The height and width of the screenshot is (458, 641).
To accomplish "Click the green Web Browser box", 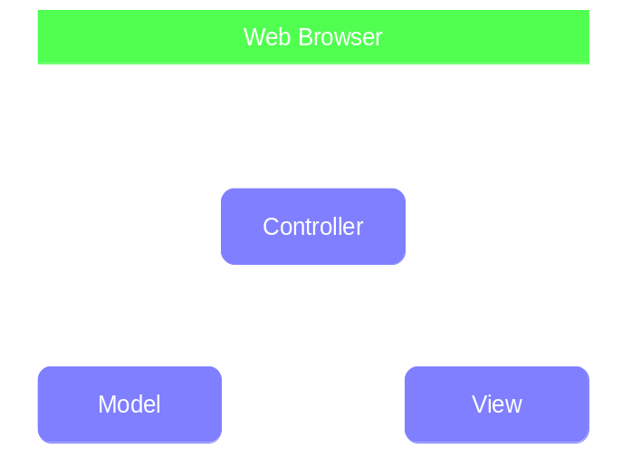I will point(312,37).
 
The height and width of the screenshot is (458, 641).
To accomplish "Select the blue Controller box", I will point(312,226).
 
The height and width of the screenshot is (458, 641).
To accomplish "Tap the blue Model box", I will point(129,404).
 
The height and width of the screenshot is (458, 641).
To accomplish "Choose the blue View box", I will point(497,404).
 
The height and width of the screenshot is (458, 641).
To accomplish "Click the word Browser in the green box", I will point(341,37).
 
